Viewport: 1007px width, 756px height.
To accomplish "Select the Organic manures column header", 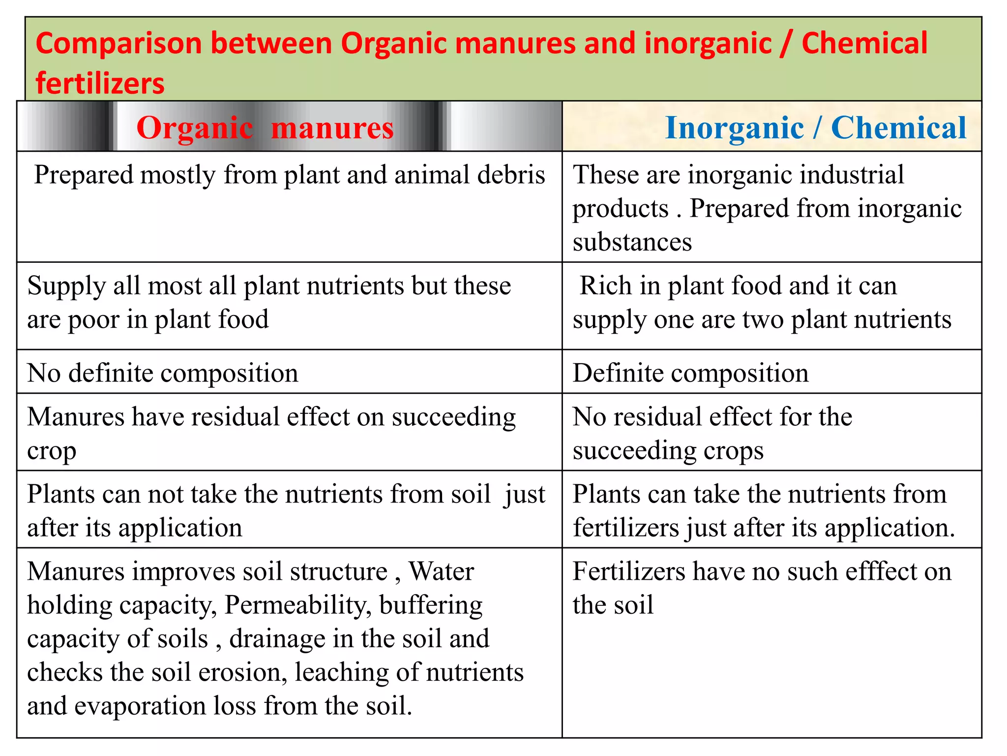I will pyautogui.click(x=265, y=128).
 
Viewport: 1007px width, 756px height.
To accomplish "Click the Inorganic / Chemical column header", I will pyautogui.click(x=815, y=128).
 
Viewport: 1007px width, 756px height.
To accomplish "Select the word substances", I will pyautogui.click(x=632, y=242).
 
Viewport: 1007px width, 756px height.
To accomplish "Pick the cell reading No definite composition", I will pyautogui.click(x=163, y=373).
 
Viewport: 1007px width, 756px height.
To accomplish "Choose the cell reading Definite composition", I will pyautogui.click(x=690, y=373).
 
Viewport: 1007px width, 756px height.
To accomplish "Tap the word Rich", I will pyautogui.click(x=605, y=285).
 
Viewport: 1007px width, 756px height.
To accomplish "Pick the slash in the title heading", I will pyautogui.click(x=787, y=43).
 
